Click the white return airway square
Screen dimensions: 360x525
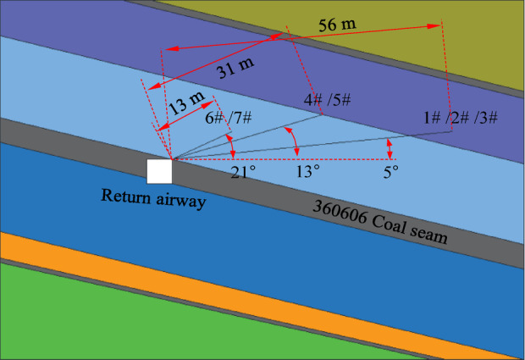tap(159, 171)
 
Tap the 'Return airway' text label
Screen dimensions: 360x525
tap(154, 197)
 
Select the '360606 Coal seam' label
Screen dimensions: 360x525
tap(379, 222)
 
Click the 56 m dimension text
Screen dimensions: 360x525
tap(337, 25)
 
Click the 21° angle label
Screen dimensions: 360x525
tap(244, 172)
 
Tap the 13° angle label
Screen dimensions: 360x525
tap(308, 172)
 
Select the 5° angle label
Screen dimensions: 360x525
tap(390, 172)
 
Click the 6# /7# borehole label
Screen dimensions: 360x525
tap(229, 119)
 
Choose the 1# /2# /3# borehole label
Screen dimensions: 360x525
tap(461, 118)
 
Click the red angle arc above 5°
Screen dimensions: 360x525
tap(390, 148)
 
